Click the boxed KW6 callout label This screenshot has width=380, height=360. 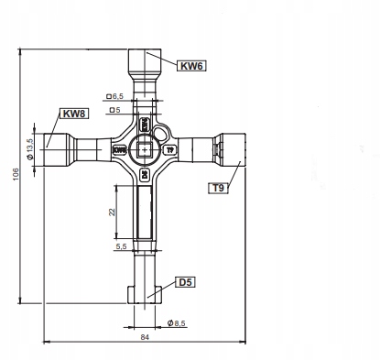[x=191, y=66]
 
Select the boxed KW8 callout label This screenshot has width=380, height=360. [x=74, y=114]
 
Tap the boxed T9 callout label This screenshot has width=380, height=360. [x=218, y=188]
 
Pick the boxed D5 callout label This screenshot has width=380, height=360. [x=185, y=282]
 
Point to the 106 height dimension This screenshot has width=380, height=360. [x=16, y=174]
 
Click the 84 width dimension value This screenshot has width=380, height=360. [x=145, y=337]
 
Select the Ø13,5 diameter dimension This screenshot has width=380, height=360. [x=29, y=149]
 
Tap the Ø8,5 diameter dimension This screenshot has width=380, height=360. [x=177, y=323]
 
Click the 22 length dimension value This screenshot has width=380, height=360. [x=113, y=212]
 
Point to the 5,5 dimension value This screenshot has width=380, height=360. [x=121, y=246]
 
